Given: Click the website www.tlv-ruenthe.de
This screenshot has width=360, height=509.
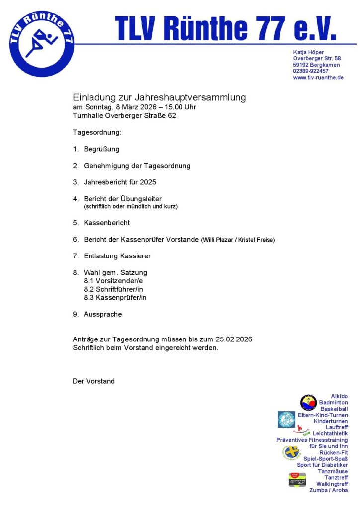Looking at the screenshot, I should [318, 78].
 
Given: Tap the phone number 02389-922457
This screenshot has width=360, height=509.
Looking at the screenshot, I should [311, 71].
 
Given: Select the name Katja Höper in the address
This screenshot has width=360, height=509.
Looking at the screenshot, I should [308, 52].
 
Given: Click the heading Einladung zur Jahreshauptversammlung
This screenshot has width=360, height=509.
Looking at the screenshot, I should [159, 97].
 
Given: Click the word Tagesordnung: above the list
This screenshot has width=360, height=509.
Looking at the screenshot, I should [97, 133].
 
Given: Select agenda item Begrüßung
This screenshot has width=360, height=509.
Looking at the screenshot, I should [101, 149].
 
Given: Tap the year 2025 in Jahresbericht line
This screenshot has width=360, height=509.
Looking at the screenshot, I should [148, 182].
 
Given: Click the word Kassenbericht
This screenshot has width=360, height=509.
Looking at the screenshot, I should [106, 223].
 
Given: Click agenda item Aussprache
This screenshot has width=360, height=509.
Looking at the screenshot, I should [102, 314].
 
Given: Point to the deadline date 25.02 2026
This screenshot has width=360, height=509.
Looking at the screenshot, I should [234, 339].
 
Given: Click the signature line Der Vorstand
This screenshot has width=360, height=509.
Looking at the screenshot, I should [93, 381].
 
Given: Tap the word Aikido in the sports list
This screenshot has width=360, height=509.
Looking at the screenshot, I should [340, 396].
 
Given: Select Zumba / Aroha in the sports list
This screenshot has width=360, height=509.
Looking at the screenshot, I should [329, 490].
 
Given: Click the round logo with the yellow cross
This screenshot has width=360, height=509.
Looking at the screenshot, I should [292, 453].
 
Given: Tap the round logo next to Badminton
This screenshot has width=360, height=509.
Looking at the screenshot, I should [308, 402].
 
